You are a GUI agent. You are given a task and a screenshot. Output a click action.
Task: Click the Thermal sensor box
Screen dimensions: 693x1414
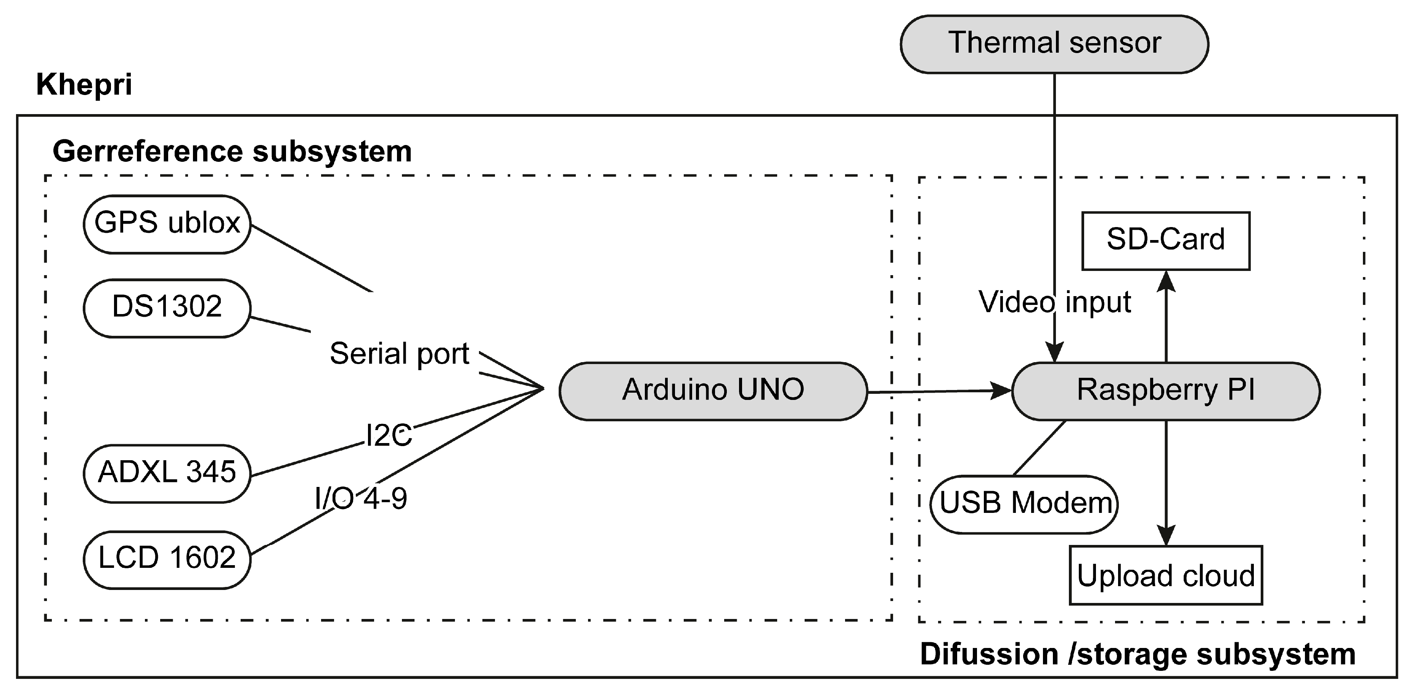click(1054, 44)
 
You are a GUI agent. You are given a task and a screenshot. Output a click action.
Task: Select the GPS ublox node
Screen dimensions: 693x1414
click(167, 224)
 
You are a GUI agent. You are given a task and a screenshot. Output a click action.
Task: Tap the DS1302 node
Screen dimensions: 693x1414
click(167, 308)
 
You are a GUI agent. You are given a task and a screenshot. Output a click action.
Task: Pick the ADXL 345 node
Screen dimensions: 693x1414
click(167, 473)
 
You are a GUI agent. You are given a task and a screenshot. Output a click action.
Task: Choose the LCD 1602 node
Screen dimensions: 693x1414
click(167, 559)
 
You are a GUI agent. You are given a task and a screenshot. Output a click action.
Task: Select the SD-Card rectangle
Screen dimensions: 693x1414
click(1165, 240)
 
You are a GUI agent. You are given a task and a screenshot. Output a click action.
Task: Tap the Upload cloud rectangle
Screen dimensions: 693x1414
click(1165, 575)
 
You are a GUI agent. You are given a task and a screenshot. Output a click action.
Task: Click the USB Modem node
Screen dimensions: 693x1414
click(1024, 504)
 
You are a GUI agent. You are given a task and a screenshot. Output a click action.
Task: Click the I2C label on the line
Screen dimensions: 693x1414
click(389, 435)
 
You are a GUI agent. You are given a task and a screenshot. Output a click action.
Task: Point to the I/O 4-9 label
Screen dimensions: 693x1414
click(361, 499)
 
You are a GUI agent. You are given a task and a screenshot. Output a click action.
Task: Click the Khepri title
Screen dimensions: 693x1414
click(84, 85)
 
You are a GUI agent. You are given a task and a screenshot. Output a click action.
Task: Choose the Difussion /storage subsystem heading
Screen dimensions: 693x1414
click(1138, 654)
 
